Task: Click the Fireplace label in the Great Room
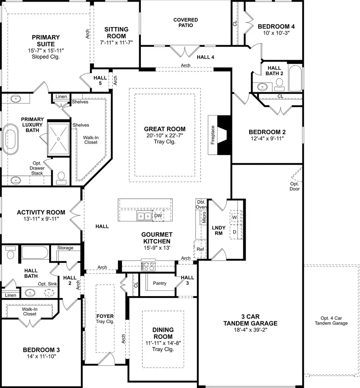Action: (213, 135)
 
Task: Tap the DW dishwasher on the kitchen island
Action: (158, 216)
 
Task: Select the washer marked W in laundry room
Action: (235, 217)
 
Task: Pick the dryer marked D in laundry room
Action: (235, 231)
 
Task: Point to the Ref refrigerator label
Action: (200, 249)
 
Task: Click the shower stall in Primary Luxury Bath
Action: (59, 139)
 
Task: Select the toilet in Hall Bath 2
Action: (279, 84)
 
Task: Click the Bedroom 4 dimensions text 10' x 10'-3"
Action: (276, 33)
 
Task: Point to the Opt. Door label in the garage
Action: (294, 186)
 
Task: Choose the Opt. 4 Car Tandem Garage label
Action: (331, 320)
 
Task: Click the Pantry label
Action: (160, 283)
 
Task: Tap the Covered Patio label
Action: (186, 22)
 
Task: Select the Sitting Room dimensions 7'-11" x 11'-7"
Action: (116, 42)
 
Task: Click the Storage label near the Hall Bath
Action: (65, 248)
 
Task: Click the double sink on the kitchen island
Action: (144, 216)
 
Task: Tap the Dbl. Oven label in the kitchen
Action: (201, 204)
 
